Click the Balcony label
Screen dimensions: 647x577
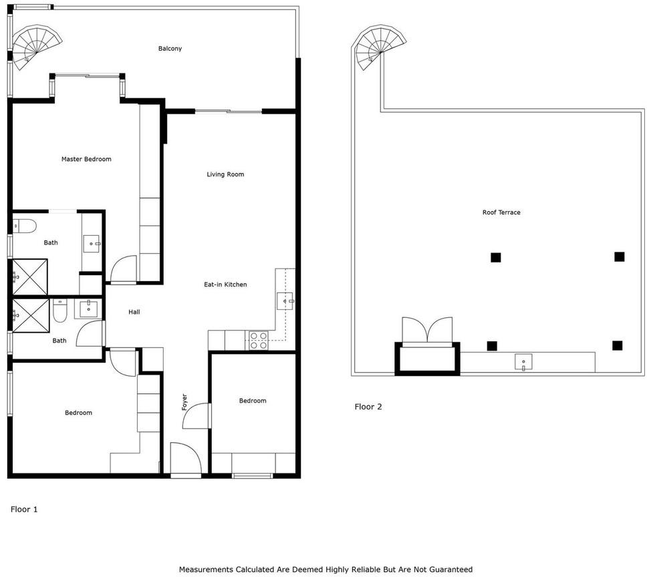(x=170, y=49)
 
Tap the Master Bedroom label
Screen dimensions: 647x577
(x=86, y=159)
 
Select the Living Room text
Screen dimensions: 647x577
(x=225, y=174)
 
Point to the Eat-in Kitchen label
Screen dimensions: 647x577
(x=225, y=284)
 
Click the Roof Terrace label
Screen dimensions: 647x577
(x=501, y=212)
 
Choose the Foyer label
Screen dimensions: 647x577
(x=184, y=402)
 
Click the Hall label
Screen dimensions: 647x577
(x=134, y=312)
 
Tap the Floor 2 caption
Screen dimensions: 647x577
(x=368, y=407)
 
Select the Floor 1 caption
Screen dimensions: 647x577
(x=24, y=510)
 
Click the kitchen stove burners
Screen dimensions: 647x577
(x=258, y=341)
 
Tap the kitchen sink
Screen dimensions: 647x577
(x=285, y=301)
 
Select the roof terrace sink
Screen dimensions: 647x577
(x=523, y=362)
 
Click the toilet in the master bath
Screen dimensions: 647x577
(x=24, y=226)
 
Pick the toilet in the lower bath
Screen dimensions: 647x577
(x=60, y=311)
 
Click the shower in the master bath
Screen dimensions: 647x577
(x=29, y=277)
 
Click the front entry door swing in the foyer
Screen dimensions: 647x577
(x=185, y=458)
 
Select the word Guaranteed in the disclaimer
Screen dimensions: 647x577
(x=451, y=570)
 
